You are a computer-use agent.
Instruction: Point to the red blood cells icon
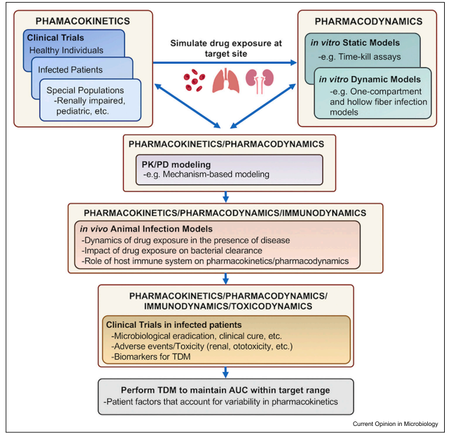[x=195, y=81]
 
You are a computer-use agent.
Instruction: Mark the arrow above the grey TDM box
[x=224, y=371]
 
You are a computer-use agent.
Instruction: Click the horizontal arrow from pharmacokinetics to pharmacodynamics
[x=224, y=62]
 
